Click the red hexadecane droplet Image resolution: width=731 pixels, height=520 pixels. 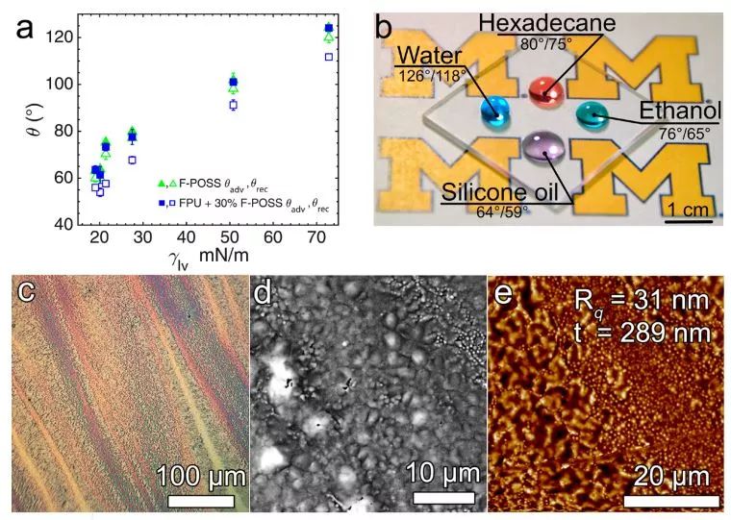pyautogui.click(x=546, y=91)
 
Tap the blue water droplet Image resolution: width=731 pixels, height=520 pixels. pyautogui.click(x=497, y=112)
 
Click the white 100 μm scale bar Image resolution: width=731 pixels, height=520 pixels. pyautogui.click(x=201, y=501)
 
